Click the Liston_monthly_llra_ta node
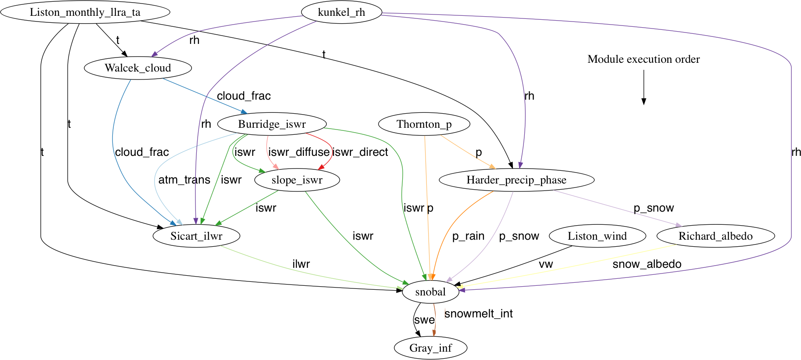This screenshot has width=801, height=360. (x=85, y=12)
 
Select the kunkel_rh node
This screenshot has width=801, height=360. (x=341, y=12)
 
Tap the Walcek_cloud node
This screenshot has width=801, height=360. (x=138, y=68)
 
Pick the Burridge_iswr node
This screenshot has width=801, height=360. (x=272, y=124)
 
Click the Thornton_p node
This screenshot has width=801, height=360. (x=424, y=124)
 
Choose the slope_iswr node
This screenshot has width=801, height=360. (x=297, y=180)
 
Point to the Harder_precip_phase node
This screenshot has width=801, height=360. (x=516, y=180)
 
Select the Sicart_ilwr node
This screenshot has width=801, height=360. (x=196, y=236)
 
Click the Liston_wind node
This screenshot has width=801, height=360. (x=597, y=236)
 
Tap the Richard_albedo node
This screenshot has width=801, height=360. (x=715, y=236)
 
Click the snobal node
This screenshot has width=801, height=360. (x=430, y=292)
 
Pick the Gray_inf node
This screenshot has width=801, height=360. (x=430, y=348)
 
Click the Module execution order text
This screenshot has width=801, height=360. (x=643, y=59)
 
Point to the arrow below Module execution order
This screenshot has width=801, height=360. (x=644, y=88)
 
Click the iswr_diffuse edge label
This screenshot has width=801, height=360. (x=299, y=152)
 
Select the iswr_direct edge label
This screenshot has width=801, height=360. (x=360, y=152)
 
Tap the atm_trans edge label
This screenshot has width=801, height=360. (x=184, y=180)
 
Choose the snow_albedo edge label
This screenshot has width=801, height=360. (x=647, y=264)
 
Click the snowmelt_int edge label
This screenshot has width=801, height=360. (x=479, y=314)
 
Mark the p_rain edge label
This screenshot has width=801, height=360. (x=468, y=236)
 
